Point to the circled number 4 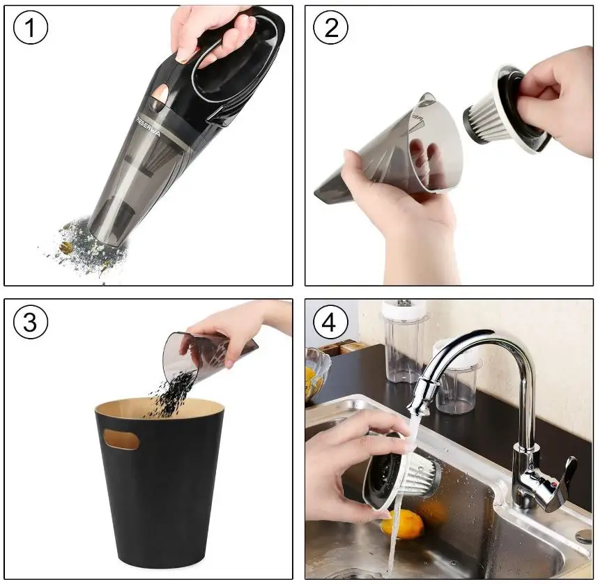point(331,323)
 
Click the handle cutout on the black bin point(121,438)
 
